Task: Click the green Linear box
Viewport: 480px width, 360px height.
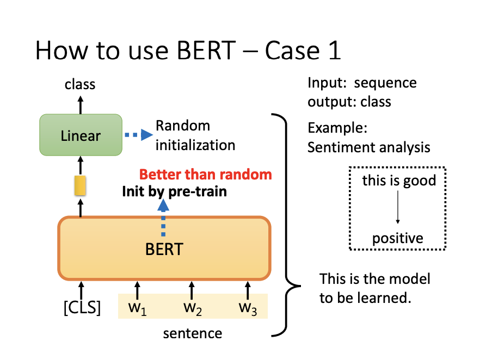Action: (81, 135)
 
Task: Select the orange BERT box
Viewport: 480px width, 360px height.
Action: (164, 248)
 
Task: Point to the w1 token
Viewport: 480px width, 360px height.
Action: (138, 307)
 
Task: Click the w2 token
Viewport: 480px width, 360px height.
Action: (192, 307)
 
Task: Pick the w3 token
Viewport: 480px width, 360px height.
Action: (248, 307)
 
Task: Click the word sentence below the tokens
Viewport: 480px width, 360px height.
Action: (193, 333)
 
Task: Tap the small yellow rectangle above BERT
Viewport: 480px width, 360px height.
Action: (81, 185)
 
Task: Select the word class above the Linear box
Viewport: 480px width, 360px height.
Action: (80, 84)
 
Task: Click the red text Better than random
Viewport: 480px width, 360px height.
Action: (205, 175)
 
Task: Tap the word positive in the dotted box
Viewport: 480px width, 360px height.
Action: (398, 238)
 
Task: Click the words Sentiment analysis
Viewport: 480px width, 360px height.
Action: (368, 147)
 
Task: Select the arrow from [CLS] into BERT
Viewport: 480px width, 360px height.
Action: (81, 289)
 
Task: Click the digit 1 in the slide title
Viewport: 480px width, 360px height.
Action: (334, 51)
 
